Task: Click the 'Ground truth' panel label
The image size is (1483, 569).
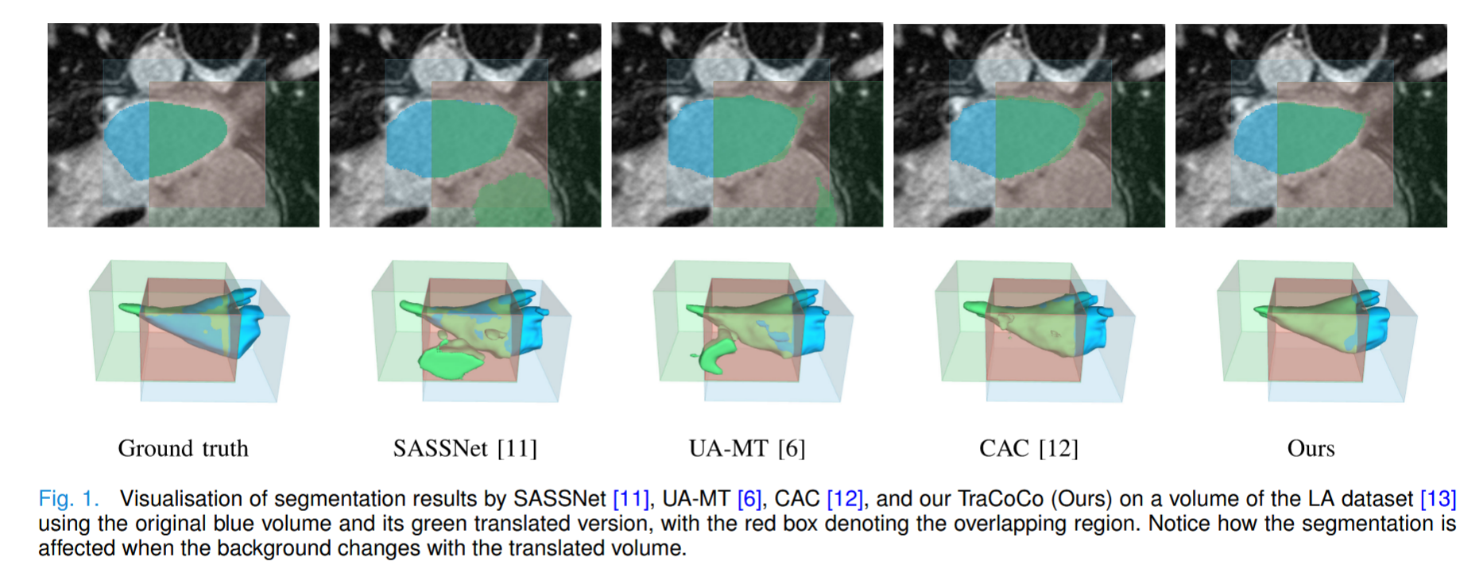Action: pos(183,448)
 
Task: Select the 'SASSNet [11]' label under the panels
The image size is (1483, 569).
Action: pos(465,448)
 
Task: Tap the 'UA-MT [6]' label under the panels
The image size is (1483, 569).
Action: pos(747,448)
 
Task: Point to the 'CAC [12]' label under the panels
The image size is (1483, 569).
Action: pos(1028,448)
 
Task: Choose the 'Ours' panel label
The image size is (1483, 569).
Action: pos(1311,448)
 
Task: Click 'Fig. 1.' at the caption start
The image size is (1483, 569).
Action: pos(68,499)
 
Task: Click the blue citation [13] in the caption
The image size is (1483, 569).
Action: pos(1438,499)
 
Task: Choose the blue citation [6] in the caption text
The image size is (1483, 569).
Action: pos(749,499)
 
